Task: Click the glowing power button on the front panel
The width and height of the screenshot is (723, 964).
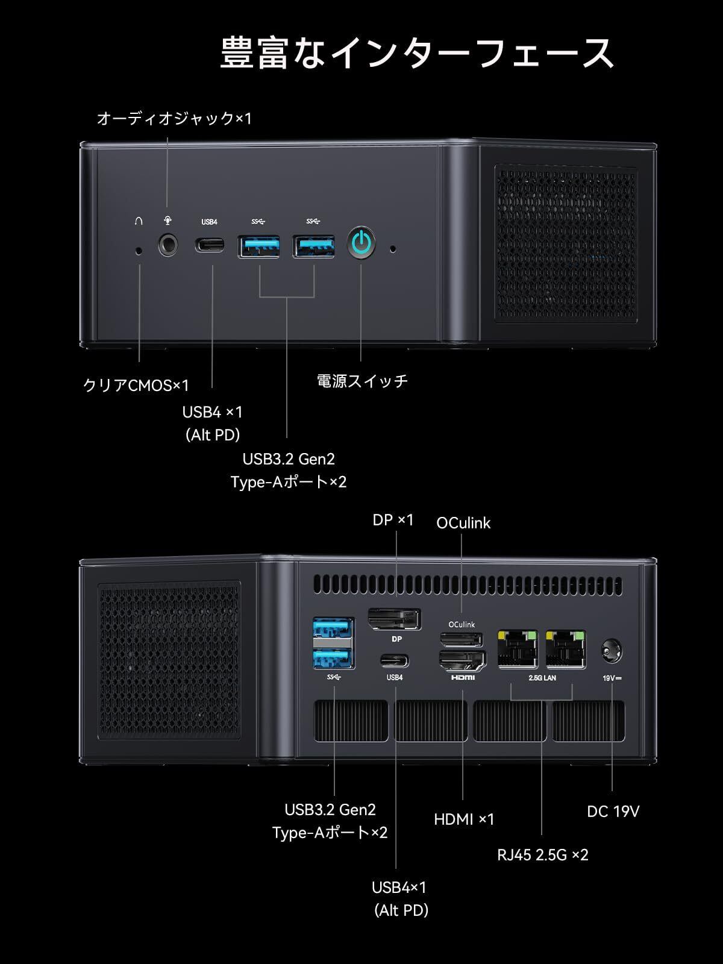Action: coord(361,243)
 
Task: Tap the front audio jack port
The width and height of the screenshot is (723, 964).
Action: coord(168,245)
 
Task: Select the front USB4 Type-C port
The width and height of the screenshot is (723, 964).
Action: coord(210,245)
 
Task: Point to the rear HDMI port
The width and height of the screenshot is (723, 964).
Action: coord(463,662)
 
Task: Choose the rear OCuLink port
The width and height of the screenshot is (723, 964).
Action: coord(462,639)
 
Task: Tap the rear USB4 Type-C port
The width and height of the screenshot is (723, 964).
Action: coord(395,661)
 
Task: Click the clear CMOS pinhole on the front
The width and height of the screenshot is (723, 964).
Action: coord(140,249)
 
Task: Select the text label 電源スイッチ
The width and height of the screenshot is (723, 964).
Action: coord(362,381)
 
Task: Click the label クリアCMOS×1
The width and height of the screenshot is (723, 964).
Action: coord(136,385)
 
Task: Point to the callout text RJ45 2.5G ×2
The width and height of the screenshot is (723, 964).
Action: coord(542,854)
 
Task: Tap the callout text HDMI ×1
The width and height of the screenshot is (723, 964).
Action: coord(464,819)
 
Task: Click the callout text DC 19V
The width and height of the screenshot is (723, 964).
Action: coord(613,811)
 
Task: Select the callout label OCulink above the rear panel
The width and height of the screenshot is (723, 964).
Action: coord(463,523)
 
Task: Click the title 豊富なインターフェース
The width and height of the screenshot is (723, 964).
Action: coord(417,53)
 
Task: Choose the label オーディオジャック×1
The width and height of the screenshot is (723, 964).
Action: coord(174,118)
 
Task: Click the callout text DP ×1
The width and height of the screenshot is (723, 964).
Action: coord(393,519)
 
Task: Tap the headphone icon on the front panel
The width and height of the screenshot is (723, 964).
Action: coord(139,221)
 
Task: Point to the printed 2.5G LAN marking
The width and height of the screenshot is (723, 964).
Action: coord(542,678)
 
